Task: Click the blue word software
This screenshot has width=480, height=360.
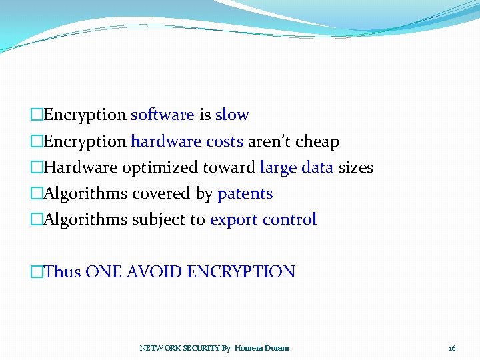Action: (162, 115)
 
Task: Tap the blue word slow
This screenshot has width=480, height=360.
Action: (232, 115)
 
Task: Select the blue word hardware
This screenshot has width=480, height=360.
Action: (165, 142)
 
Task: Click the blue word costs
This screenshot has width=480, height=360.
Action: (224, 142)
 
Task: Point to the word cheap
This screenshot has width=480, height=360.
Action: (317, 142)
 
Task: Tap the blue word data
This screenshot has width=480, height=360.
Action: (317, 168)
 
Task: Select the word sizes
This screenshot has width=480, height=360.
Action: (356, 168)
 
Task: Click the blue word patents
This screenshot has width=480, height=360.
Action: (245, 194)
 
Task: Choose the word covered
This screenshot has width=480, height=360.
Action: (157, 194)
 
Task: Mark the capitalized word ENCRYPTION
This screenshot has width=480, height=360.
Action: (241, 272)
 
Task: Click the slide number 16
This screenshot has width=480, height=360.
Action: (453, 348)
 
